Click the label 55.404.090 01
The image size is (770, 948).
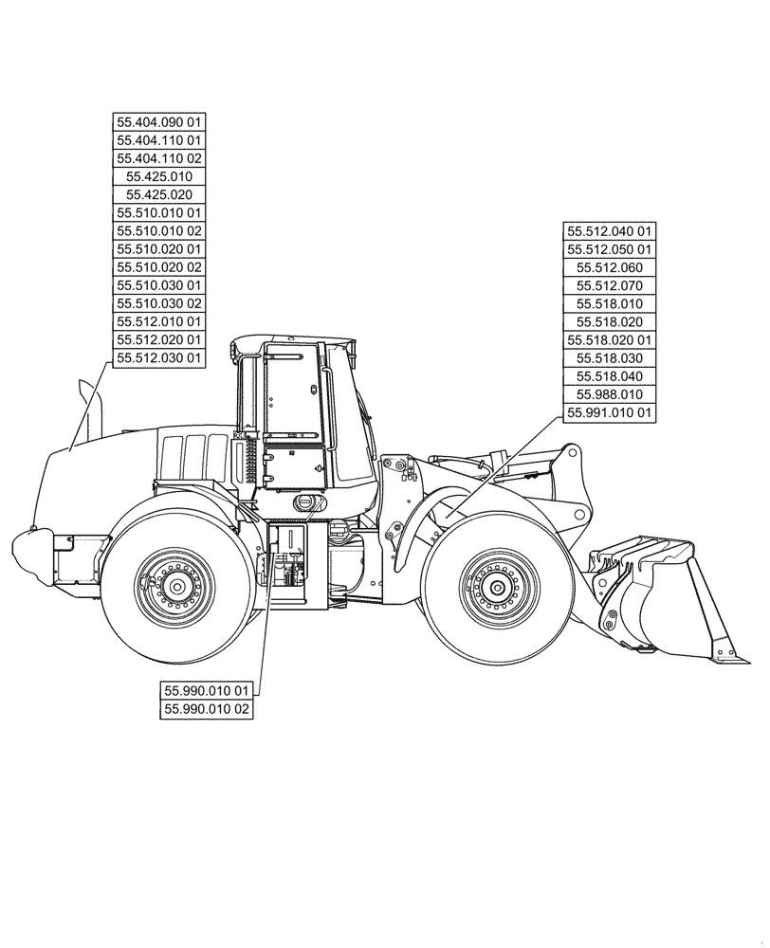tap(159, 122)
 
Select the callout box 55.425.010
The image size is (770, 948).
tap(159, 176)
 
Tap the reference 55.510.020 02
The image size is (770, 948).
tap(159, 266)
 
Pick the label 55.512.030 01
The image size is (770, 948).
tap(159, 357)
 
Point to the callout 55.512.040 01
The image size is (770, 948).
tap(610, 230)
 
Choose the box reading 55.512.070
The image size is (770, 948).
tap(610, 285)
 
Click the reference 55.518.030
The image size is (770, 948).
tap(610, 358)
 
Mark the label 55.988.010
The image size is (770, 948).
tap(610, 394)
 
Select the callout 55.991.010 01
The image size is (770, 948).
tap(610, 412)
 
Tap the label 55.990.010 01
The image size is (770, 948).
tap(207, 690)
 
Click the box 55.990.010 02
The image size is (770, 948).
tap(207, 708)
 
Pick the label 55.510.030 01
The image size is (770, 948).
tap(159, 285)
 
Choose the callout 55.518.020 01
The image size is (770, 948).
tap(610, 339)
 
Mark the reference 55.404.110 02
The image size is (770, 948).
tap(159, 158)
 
